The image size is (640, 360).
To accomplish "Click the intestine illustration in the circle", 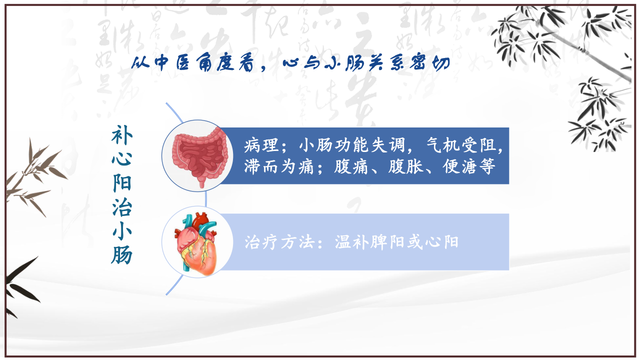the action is [200, 156].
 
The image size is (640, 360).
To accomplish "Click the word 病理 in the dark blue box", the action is [261, 145].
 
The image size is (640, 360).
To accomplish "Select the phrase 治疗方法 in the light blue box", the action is [279, 242].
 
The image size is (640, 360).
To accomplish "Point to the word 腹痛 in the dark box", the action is [351, 167].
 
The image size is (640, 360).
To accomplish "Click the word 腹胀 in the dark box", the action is [405, 167].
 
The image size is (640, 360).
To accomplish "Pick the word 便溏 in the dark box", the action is [459, 167].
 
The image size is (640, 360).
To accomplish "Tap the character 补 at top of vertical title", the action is [122, 135].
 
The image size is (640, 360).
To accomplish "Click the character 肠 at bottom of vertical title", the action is [122, 255].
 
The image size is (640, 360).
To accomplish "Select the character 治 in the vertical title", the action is [122, 207].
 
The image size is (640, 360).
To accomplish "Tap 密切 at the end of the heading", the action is [430, 62].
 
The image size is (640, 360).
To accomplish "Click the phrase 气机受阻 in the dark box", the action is [461, 145].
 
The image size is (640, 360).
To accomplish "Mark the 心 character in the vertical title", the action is [122, 159].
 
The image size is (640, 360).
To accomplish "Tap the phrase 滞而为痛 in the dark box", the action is [279, 167].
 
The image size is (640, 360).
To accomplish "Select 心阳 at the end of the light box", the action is [441, 242].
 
